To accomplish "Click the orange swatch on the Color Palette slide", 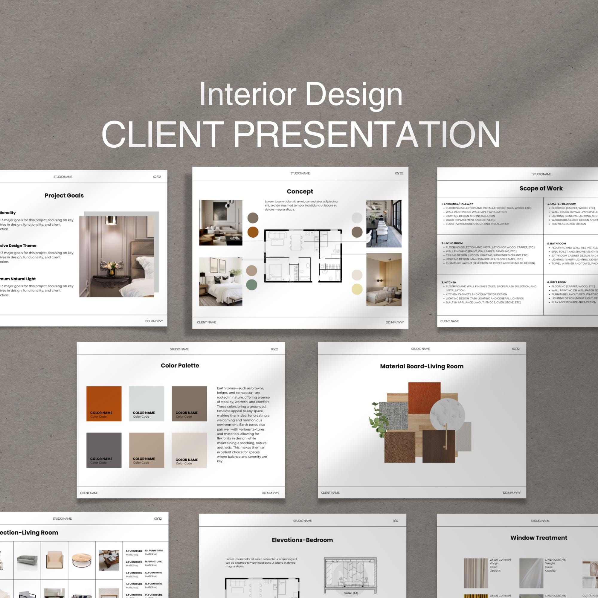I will click(104, 403).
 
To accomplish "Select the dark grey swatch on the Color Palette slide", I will click(104, 450).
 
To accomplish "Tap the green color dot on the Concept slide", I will click(252, 285).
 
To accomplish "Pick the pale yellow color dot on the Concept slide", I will click(357, 289).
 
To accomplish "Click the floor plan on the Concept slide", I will click(303, 256).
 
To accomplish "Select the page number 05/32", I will click(399, 173).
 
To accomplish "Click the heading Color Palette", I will click(180, 366).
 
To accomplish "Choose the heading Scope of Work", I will click(541, 188).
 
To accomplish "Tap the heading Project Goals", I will click(64, 195).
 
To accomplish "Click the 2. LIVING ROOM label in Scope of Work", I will click(452, 243).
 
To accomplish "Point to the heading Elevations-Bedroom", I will click(302, 540).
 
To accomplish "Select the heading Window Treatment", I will click(538, 538).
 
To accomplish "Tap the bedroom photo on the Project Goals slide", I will click(117, 256).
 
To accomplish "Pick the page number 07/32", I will click(516, 349).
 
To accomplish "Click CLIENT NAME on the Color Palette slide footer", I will click(89, 493).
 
